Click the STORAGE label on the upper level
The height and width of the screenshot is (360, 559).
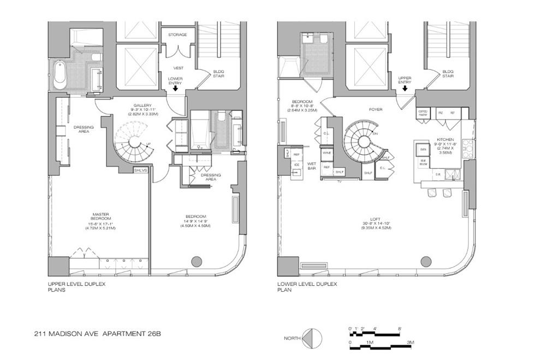click(x=177, y=34)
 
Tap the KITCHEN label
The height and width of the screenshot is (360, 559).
click(x=445, y=140)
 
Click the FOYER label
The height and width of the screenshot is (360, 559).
click(x=375, y=109)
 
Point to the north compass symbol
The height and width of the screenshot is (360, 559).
click(x=310, y=337)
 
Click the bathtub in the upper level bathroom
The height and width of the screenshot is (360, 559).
click(x=60, y=76)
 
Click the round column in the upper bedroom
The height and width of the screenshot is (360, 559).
click(x=196, y=260)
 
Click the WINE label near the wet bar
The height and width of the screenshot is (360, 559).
click(x=327, y=154)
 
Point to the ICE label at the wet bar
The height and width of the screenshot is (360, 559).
click(x=296, y=164)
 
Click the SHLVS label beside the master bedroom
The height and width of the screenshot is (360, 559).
click(x=141, y=170)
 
